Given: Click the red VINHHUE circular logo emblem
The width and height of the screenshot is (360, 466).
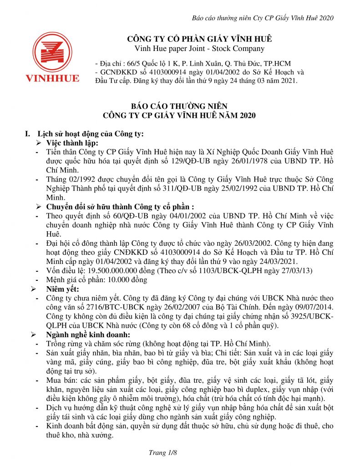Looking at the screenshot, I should [x=52, y=52].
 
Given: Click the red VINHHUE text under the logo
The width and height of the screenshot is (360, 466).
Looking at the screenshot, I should [x=52, y=78].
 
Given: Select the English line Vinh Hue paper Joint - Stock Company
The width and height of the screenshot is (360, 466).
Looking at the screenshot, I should [x=200, y=49].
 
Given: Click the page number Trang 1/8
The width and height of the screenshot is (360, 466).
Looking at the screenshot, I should [x=162, y=453].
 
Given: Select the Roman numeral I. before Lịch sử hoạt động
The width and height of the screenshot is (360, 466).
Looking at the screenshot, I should [x=29, y=134].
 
